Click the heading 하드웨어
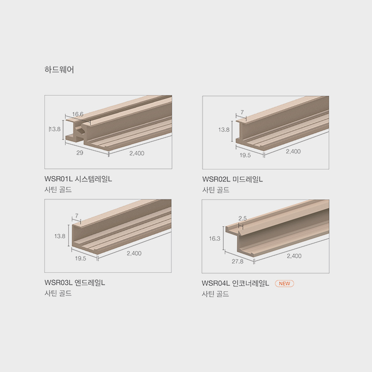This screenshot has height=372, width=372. click(59, 70)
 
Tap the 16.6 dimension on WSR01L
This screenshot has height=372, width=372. click(78, 114)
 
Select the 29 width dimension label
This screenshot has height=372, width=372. click(80, 153)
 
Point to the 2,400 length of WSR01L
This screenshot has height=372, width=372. click(137, 153)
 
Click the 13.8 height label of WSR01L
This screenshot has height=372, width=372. click(55, 129)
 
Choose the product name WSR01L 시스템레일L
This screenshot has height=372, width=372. click(78, 179)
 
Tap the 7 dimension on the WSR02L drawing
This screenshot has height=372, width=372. click(242, 112)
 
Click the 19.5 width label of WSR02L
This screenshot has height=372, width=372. click(245, 155)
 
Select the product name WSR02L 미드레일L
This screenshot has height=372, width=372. click(233, 179)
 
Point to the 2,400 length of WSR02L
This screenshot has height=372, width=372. click(293, 151)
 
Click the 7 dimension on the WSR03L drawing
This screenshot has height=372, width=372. click(76, 215)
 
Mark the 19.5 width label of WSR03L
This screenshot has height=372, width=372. click(81, 258)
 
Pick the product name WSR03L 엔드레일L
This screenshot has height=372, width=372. click(75, 283)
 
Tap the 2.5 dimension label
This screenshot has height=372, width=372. click(242, 218)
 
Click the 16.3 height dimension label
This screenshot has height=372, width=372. click(215, 238)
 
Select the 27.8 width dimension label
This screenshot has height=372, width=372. click(238, 261)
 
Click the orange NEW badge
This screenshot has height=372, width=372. click(285, 284)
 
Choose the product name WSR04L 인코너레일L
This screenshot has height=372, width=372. click(236, 283)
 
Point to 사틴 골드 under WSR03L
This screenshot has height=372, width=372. click(58, 293)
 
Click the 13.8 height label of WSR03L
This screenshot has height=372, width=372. click(60, 236)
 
